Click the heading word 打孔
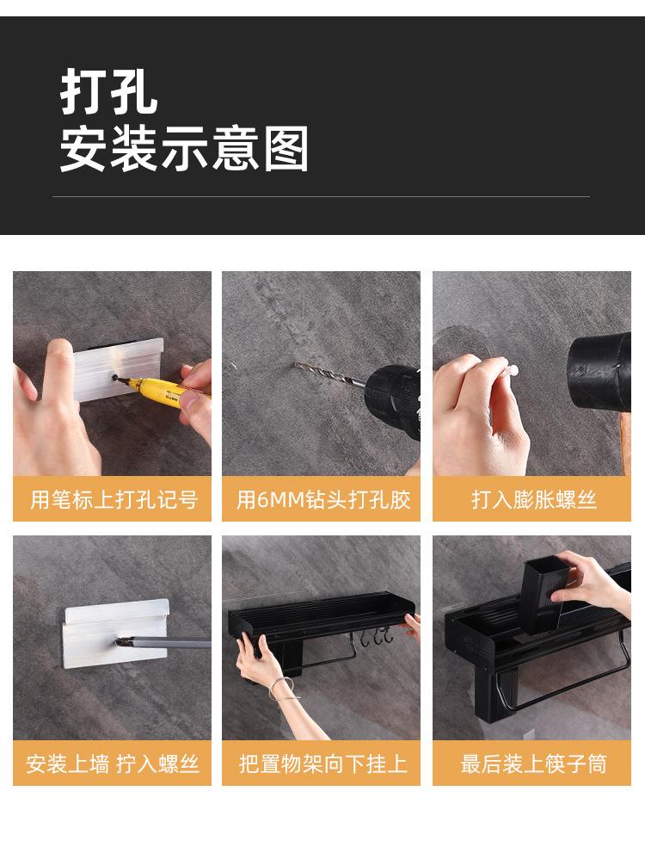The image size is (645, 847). (x=109, y=93)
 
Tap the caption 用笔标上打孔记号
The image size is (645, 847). (x=113, y=499)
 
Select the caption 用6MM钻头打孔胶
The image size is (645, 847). (x=322, y=499)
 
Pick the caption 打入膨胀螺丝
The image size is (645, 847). (x=532, y=499)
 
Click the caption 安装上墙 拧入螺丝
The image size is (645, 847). (x=113, y=764)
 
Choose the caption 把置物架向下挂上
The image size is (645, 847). (x=322, y=764)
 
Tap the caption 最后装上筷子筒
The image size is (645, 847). (x=532, y=764)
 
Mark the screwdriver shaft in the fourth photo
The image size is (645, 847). (x=172, y=643)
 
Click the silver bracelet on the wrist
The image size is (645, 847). (x=281, y=689)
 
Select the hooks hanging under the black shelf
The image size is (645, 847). (x=378, y=638)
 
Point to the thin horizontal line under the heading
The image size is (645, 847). (x=322, y=197)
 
